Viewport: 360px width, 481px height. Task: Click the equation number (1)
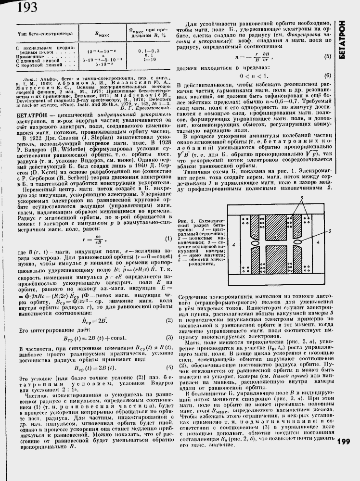[168, 239]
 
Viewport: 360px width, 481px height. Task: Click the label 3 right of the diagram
[328, 230]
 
